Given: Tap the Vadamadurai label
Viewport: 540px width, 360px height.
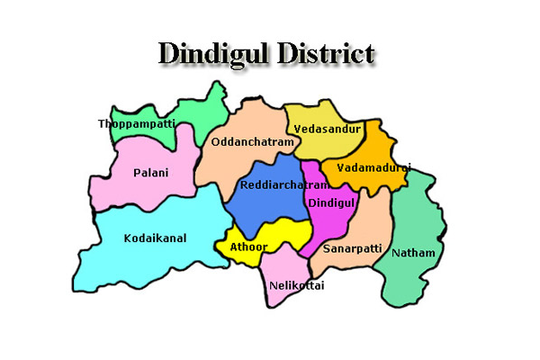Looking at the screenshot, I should pyautogui.click(x=373, y=167).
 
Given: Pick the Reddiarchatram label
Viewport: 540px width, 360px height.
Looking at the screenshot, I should pyautogui.click(x=271, y=185).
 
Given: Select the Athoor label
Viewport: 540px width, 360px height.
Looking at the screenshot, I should pyautogui.click(x=247, y=246).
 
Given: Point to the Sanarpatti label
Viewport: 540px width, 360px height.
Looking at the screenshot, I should pyautogui.click(x=352, y=246).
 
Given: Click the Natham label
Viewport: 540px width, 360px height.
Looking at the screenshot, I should pyautogui.click(x=413, y=253).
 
